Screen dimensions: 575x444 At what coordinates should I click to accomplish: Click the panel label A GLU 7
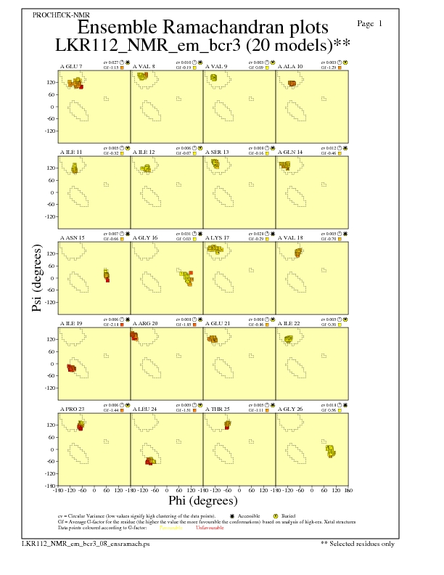tap(71, 66)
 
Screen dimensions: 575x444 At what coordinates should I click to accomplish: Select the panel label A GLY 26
tap(290, 409)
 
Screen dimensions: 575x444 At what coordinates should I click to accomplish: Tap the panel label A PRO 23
tap(72, 409)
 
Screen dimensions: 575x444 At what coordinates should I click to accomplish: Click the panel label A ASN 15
tap(72, 237)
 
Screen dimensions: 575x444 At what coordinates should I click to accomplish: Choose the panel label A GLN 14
tap(290, 152)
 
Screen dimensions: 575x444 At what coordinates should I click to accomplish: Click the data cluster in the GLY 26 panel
tap(331, 451)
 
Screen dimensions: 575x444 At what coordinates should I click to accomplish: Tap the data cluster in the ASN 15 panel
tap(107, 275)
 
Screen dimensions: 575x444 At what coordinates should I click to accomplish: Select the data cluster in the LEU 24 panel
tap(150, 461)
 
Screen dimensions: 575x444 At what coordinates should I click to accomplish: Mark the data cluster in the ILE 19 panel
tap(72, 368)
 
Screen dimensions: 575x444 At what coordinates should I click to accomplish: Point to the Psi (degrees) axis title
tap(37, 279)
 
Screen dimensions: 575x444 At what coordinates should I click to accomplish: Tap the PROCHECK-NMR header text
tap(61, 15)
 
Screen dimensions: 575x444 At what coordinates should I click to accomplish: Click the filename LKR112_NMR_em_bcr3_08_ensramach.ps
tap(86, 543)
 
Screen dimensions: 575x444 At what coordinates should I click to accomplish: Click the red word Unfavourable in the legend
tap(210, 528)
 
